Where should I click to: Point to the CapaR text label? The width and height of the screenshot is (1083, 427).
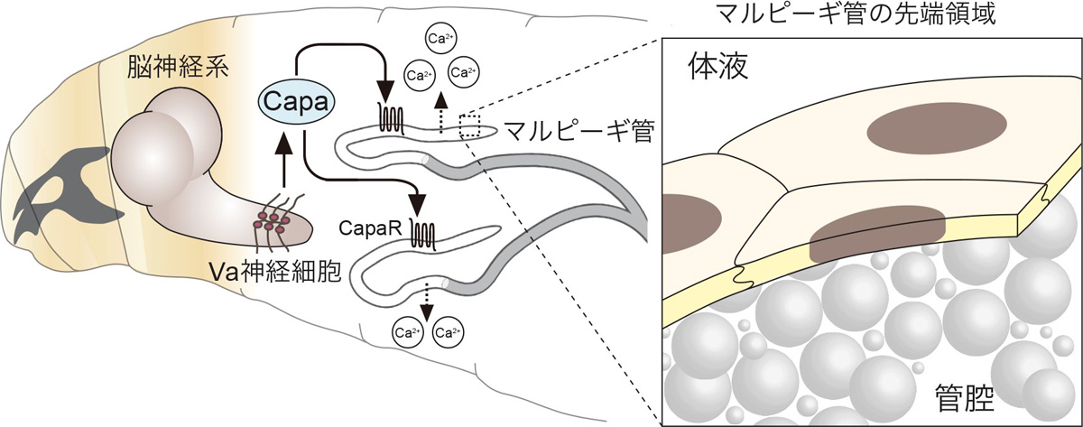coord(367,229)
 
